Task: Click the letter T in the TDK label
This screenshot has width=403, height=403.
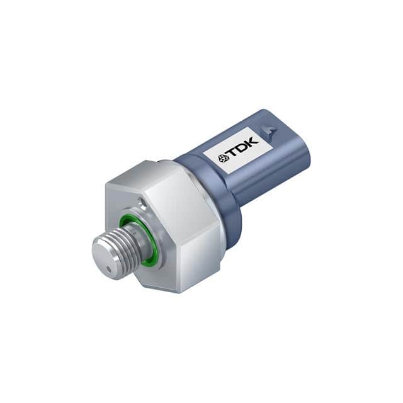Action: tap(232, 155)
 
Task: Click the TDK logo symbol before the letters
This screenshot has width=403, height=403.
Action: tap(222, 159)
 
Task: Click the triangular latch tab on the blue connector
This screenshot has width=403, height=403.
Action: tap(271, 131)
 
